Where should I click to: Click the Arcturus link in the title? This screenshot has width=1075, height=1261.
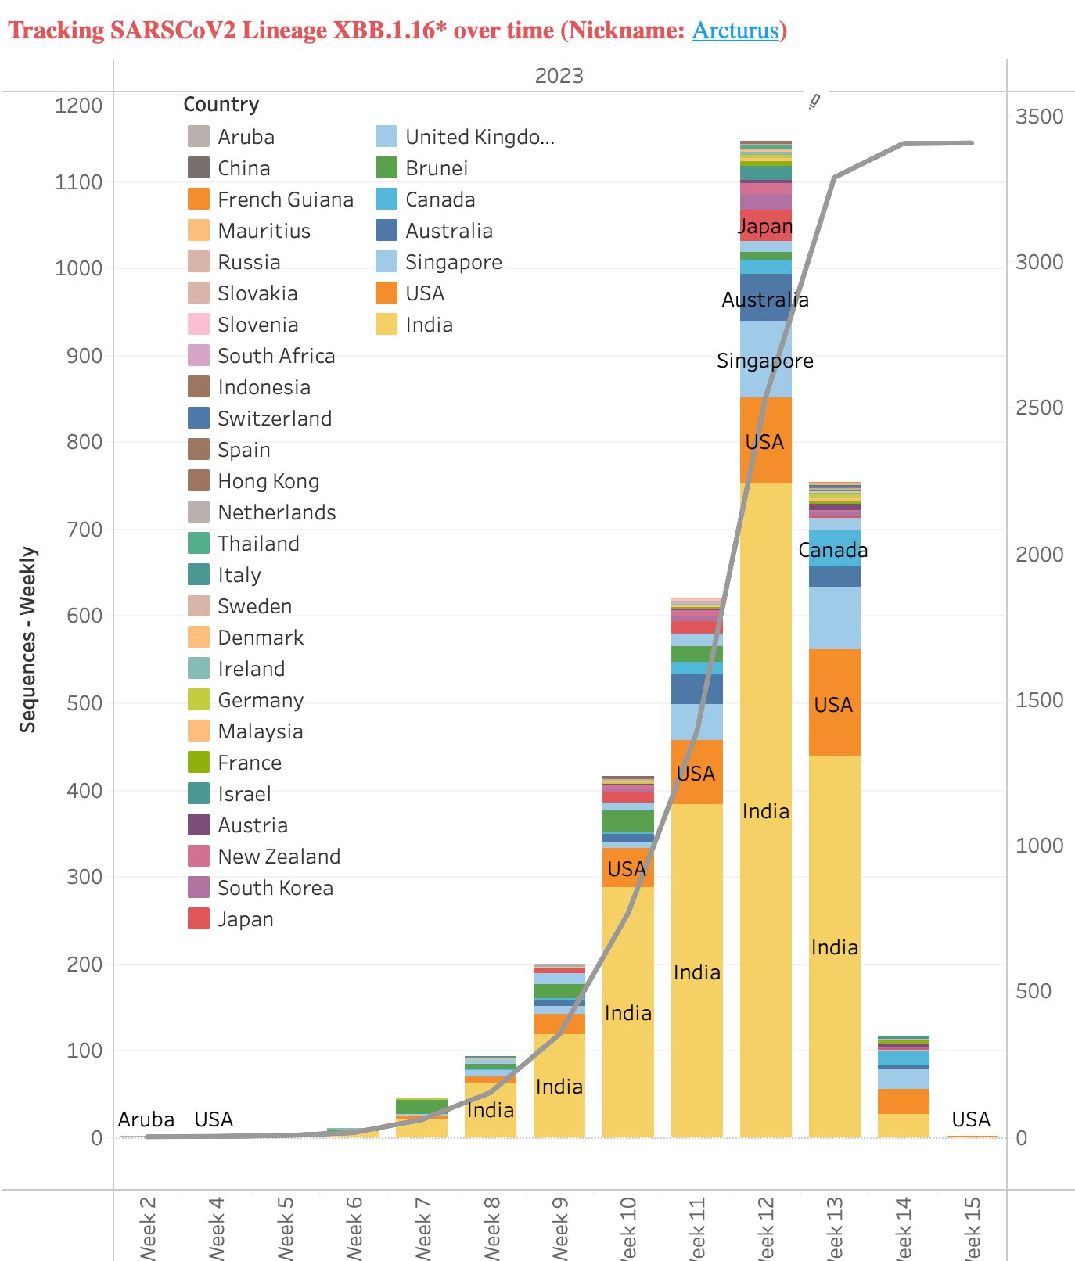(735, 31)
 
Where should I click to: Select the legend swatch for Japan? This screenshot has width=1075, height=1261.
(199, 918)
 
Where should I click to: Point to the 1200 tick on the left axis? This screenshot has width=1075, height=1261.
(78, 106)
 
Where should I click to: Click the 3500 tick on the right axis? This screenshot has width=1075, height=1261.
(1039, 117)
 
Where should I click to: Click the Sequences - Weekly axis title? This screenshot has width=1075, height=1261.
(28, 639)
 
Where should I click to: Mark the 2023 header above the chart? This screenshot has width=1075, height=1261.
(559, 76)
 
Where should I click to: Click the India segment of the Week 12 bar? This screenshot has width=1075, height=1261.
(765, 811)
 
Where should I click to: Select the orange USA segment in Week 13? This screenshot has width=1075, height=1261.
(834, 704)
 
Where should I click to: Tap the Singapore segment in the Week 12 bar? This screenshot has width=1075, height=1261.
(765, 361)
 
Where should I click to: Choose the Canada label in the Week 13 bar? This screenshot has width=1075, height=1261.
(833, 550)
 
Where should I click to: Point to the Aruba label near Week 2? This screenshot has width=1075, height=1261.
(146, 1119)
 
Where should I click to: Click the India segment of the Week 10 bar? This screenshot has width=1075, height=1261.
(627, 1013)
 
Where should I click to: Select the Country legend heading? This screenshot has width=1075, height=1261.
(221, 104)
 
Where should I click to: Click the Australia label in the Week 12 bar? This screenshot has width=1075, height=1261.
(765, 300)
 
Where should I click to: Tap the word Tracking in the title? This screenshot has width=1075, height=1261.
(56, 31)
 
